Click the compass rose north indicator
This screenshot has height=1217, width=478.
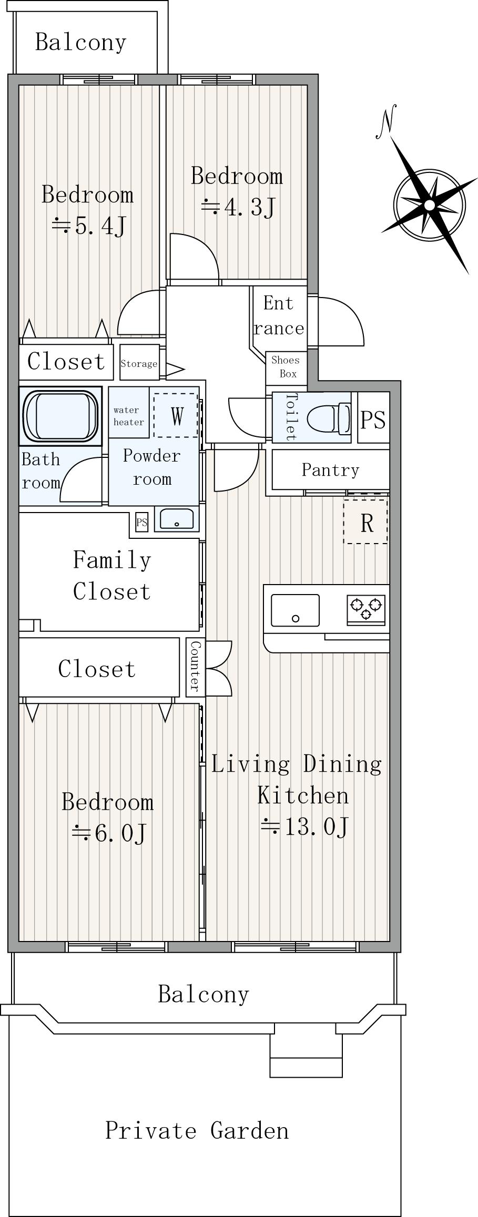(x=429, y=204)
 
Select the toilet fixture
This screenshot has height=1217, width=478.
(x=328, y=418)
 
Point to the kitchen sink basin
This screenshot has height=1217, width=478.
(x=295, y=610)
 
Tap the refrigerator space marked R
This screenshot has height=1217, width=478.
(x=366, y=522)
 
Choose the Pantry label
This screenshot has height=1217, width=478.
(x=330, y=469)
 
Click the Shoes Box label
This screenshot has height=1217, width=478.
(x=286, y=367)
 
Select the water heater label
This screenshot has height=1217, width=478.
(x=129, y=416)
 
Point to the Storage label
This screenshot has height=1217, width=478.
(x=139, y=364)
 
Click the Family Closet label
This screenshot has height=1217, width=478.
(x=112, y=576)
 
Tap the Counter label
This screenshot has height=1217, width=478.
(x=195, y=666)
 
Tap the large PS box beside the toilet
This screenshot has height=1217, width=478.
(x=373, y=418)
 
